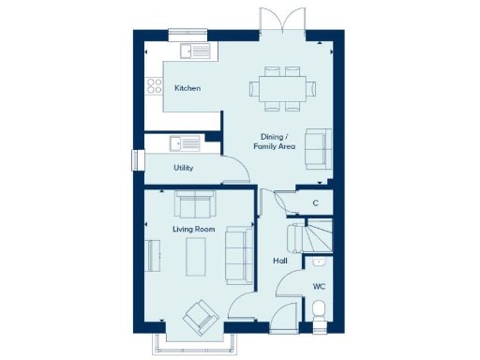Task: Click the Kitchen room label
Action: (187, 89)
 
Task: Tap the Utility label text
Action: (184, 168)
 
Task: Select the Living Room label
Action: (194, 229)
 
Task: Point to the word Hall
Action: (279, 262)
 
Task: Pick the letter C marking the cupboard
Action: (315, 203)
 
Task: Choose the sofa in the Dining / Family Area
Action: (318, 148)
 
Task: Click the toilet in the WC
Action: (319, 311)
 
